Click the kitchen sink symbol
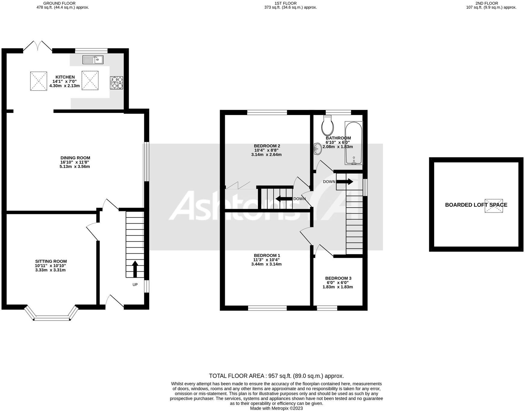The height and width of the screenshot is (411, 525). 93,60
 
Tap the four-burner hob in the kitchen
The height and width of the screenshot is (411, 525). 117,83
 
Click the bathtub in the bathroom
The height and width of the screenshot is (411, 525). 354,143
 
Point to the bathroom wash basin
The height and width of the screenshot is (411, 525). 317,148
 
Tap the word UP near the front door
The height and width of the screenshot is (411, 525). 135,284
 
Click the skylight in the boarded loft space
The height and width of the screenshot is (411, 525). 494,206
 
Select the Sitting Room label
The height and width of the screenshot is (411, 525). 51,261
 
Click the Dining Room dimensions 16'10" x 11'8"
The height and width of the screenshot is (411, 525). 75,162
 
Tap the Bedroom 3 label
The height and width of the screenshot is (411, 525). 338,278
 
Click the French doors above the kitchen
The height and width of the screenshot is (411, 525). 38,46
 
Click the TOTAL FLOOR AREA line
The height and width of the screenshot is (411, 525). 276,376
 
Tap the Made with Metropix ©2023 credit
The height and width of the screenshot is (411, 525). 276,408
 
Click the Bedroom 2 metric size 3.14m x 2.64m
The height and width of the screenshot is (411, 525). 266,155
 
